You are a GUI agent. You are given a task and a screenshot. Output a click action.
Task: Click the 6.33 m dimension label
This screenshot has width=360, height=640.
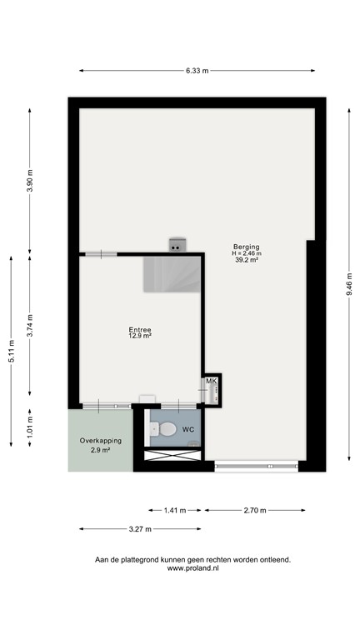coord(197,72)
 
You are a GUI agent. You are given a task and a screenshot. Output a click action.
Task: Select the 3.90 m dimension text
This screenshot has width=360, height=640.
coord(30,181)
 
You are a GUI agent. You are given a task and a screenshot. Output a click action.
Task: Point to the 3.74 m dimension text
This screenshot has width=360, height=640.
coord(30,323)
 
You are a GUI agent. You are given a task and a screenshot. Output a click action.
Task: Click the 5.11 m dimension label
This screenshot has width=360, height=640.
coord(11,351)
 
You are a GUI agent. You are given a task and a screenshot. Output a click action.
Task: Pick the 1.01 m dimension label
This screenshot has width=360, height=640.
coord(30,427)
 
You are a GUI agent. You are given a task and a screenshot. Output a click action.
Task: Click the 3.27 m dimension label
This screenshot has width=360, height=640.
coord(139,528)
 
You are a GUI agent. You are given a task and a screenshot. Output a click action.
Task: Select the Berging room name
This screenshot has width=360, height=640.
coord(247,247)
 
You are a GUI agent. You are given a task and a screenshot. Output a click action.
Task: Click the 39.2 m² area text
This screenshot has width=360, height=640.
coord(247,260)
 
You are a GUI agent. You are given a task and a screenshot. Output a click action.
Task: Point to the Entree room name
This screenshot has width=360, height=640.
coord(140,330)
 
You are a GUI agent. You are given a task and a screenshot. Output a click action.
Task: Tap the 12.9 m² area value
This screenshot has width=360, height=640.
coord(140,337)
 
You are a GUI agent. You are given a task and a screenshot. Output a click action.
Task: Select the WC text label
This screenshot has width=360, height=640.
coord(188,430)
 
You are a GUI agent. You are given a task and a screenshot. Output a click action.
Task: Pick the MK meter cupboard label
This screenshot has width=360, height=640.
coord(211,382)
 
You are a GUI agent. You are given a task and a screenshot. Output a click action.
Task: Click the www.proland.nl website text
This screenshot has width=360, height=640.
coord(193,568)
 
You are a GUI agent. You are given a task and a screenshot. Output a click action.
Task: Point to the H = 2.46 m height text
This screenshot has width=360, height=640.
coord(247,253)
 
